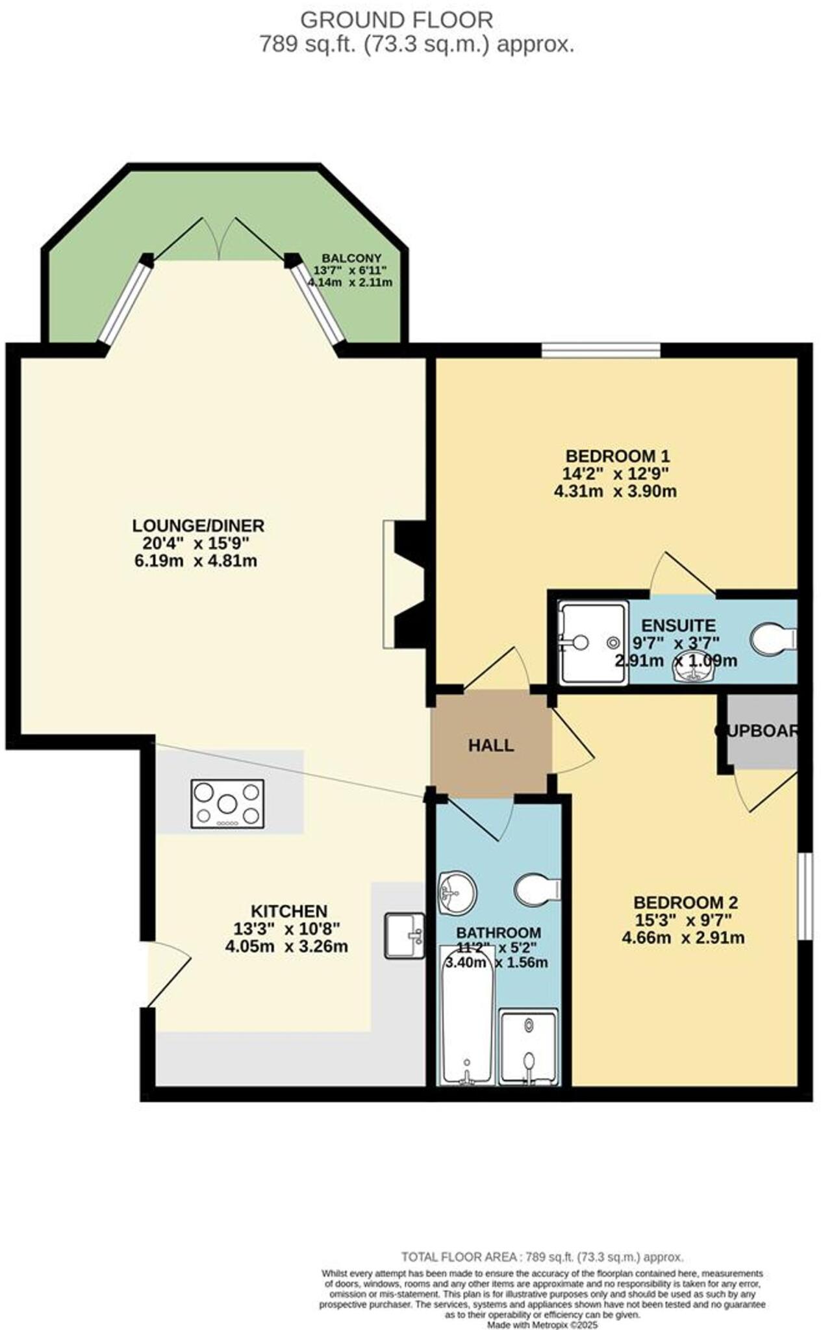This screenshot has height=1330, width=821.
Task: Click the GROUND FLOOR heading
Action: [396, 20]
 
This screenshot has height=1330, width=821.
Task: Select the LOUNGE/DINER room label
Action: [198, 525]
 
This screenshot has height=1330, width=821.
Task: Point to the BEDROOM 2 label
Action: [685, 903]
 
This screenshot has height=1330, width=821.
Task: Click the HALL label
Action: [491, 746]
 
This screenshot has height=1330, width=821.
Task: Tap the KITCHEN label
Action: [288, 911]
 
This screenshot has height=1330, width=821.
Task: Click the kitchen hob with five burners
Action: [227, 804]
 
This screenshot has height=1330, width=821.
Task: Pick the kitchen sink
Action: [404, 936]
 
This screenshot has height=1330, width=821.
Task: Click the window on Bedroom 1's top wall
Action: [601, 350]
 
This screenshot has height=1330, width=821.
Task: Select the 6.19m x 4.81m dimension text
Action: [196, 561]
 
